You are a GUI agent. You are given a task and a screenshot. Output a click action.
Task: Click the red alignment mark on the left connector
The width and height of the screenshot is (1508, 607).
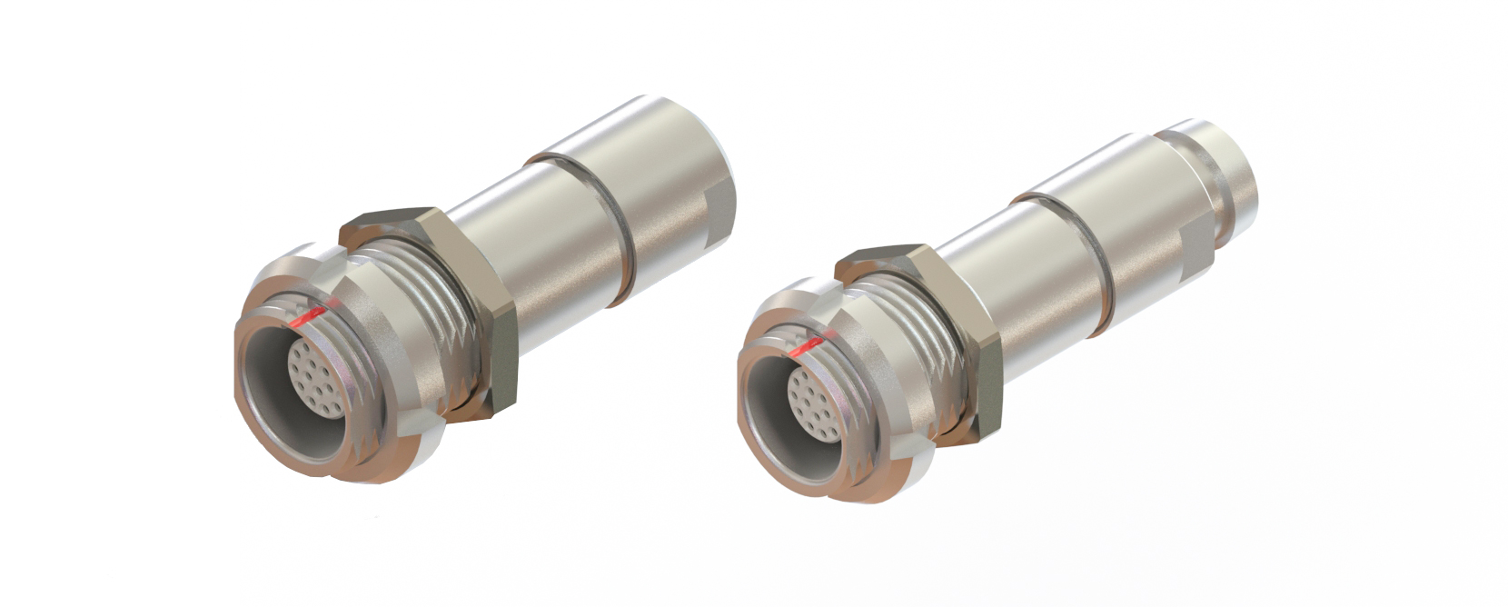[x=307, y=315]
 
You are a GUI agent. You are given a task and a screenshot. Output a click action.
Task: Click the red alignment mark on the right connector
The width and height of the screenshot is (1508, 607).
[x=805, y=346]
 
